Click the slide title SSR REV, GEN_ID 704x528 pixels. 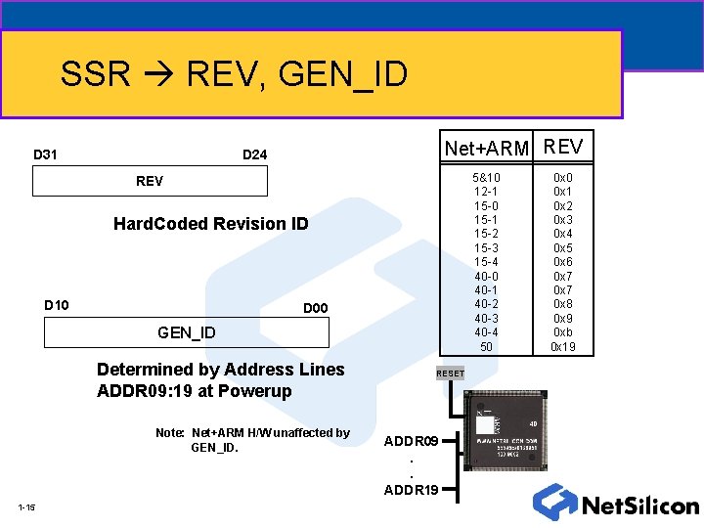(x=234, y=73)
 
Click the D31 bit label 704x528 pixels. (x=45, y=154)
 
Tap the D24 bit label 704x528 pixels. (x=254, y=154)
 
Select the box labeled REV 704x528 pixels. (x=150, y=182)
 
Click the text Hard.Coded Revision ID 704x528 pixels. (x=210, y=224)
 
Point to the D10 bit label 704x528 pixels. (x=57, y=305)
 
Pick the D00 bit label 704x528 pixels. (x=315, y=309)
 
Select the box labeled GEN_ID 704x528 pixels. (x=187, y=333)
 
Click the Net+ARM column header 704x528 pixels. (x=486, y=149)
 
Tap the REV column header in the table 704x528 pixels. (x=563, y=147)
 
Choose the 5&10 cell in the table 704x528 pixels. (x=486, y=178)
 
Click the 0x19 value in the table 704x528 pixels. (x=563, y=347)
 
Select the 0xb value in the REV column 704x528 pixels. (x=563, y=332)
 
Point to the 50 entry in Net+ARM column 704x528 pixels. (x=486, y=347)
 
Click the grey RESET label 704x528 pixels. (x=450, y=374)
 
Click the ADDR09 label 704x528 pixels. (x=411, y=442)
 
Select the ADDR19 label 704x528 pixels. (x=411, y=489)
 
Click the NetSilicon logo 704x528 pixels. (x=616, y=503)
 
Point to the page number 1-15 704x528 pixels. (x=26, y=506)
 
